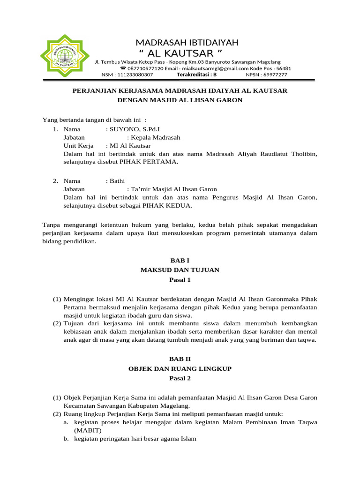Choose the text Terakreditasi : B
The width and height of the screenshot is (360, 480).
pos(196,75)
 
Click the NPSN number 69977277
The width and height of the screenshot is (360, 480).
pos(276,75)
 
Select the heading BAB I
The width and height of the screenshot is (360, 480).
pos(180,260)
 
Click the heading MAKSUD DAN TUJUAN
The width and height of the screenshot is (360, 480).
pos(180,270)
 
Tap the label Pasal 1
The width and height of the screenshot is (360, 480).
pos(180,280)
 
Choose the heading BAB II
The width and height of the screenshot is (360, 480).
pos(180,359)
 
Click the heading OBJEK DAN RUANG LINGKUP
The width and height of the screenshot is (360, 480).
pos(180,368)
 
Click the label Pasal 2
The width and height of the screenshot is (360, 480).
pos(180,378)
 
